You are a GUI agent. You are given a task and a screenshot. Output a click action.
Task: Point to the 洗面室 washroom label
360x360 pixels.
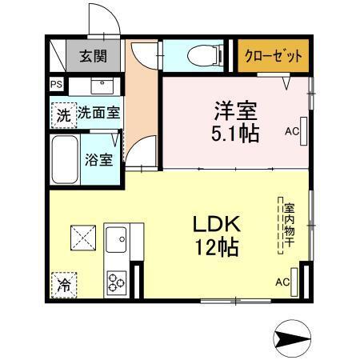click(98, 113)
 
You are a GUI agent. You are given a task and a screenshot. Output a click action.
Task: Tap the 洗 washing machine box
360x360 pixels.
click(62, 114)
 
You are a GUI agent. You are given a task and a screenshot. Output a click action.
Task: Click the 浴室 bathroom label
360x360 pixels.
click(98, 158)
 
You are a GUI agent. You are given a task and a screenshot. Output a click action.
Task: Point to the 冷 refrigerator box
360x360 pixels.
click(64, 282)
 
